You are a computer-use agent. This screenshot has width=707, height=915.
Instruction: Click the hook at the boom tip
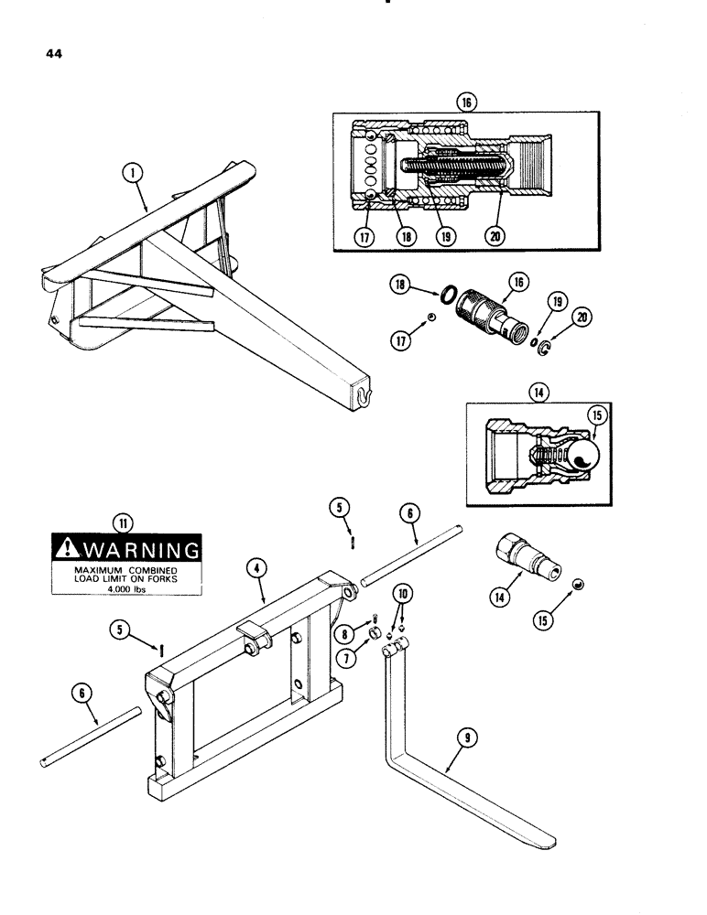[x=364, y=395]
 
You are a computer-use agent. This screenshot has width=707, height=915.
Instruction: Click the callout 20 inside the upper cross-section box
[x=495, y=234]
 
